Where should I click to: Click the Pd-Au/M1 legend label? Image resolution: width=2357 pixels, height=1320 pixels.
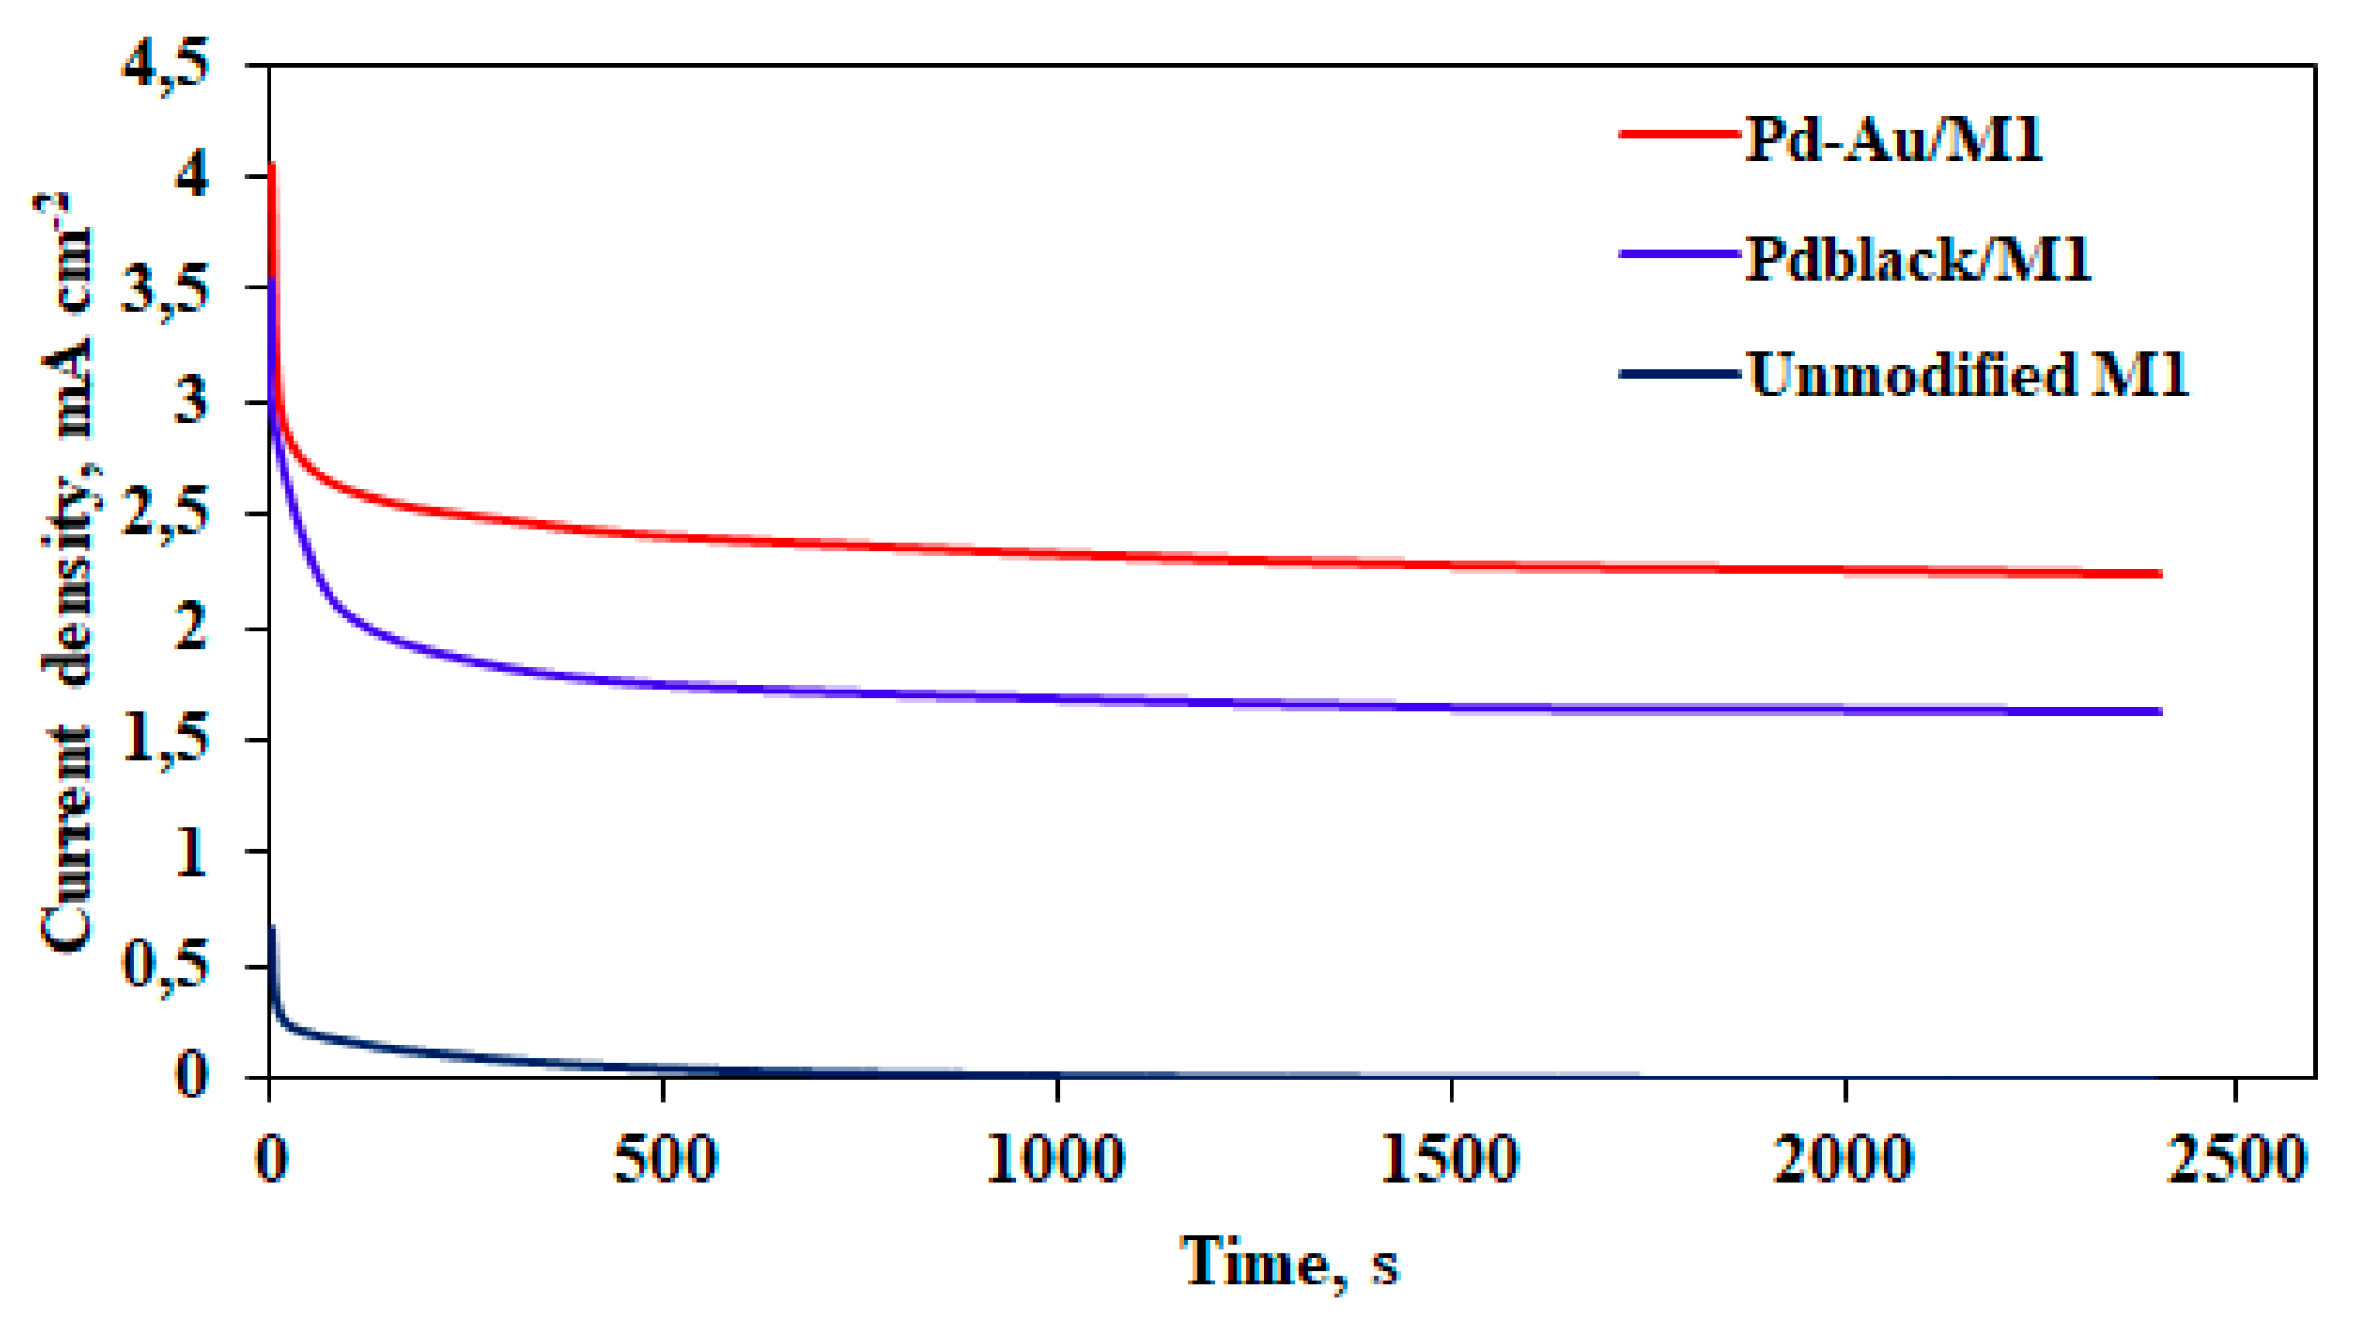[x=1893, y=141]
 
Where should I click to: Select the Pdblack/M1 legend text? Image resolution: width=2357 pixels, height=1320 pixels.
[x=1917, y=259]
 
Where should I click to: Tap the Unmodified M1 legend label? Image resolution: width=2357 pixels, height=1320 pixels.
[x=1968, y=376]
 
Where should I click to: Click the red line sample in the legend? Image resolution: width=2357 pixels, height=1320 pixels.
[x=1679, y=134]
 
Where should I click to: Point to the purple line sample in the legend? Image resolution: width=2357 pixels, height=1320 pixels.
[x=1679, y=254]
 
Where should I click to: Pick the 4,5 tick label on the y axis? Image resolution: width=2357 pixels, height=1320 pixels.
[x=166, y=66]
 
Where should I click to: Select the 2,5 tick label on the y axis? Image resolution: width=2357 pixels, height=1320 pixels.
[x=166, y=515]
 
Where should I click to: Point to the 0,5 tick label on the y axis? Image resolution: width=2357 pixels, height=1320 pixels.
[x=166, y=966]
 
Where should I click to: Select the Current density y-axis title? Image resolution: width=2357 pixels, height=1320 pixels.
[x=68, y=573]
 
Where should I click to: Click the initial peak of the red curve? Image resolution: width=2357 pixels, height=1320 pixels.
[x=271, y=167]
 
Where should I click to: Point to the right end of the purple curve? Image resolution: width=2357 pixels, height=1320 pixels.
[x=2158, y=711]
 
